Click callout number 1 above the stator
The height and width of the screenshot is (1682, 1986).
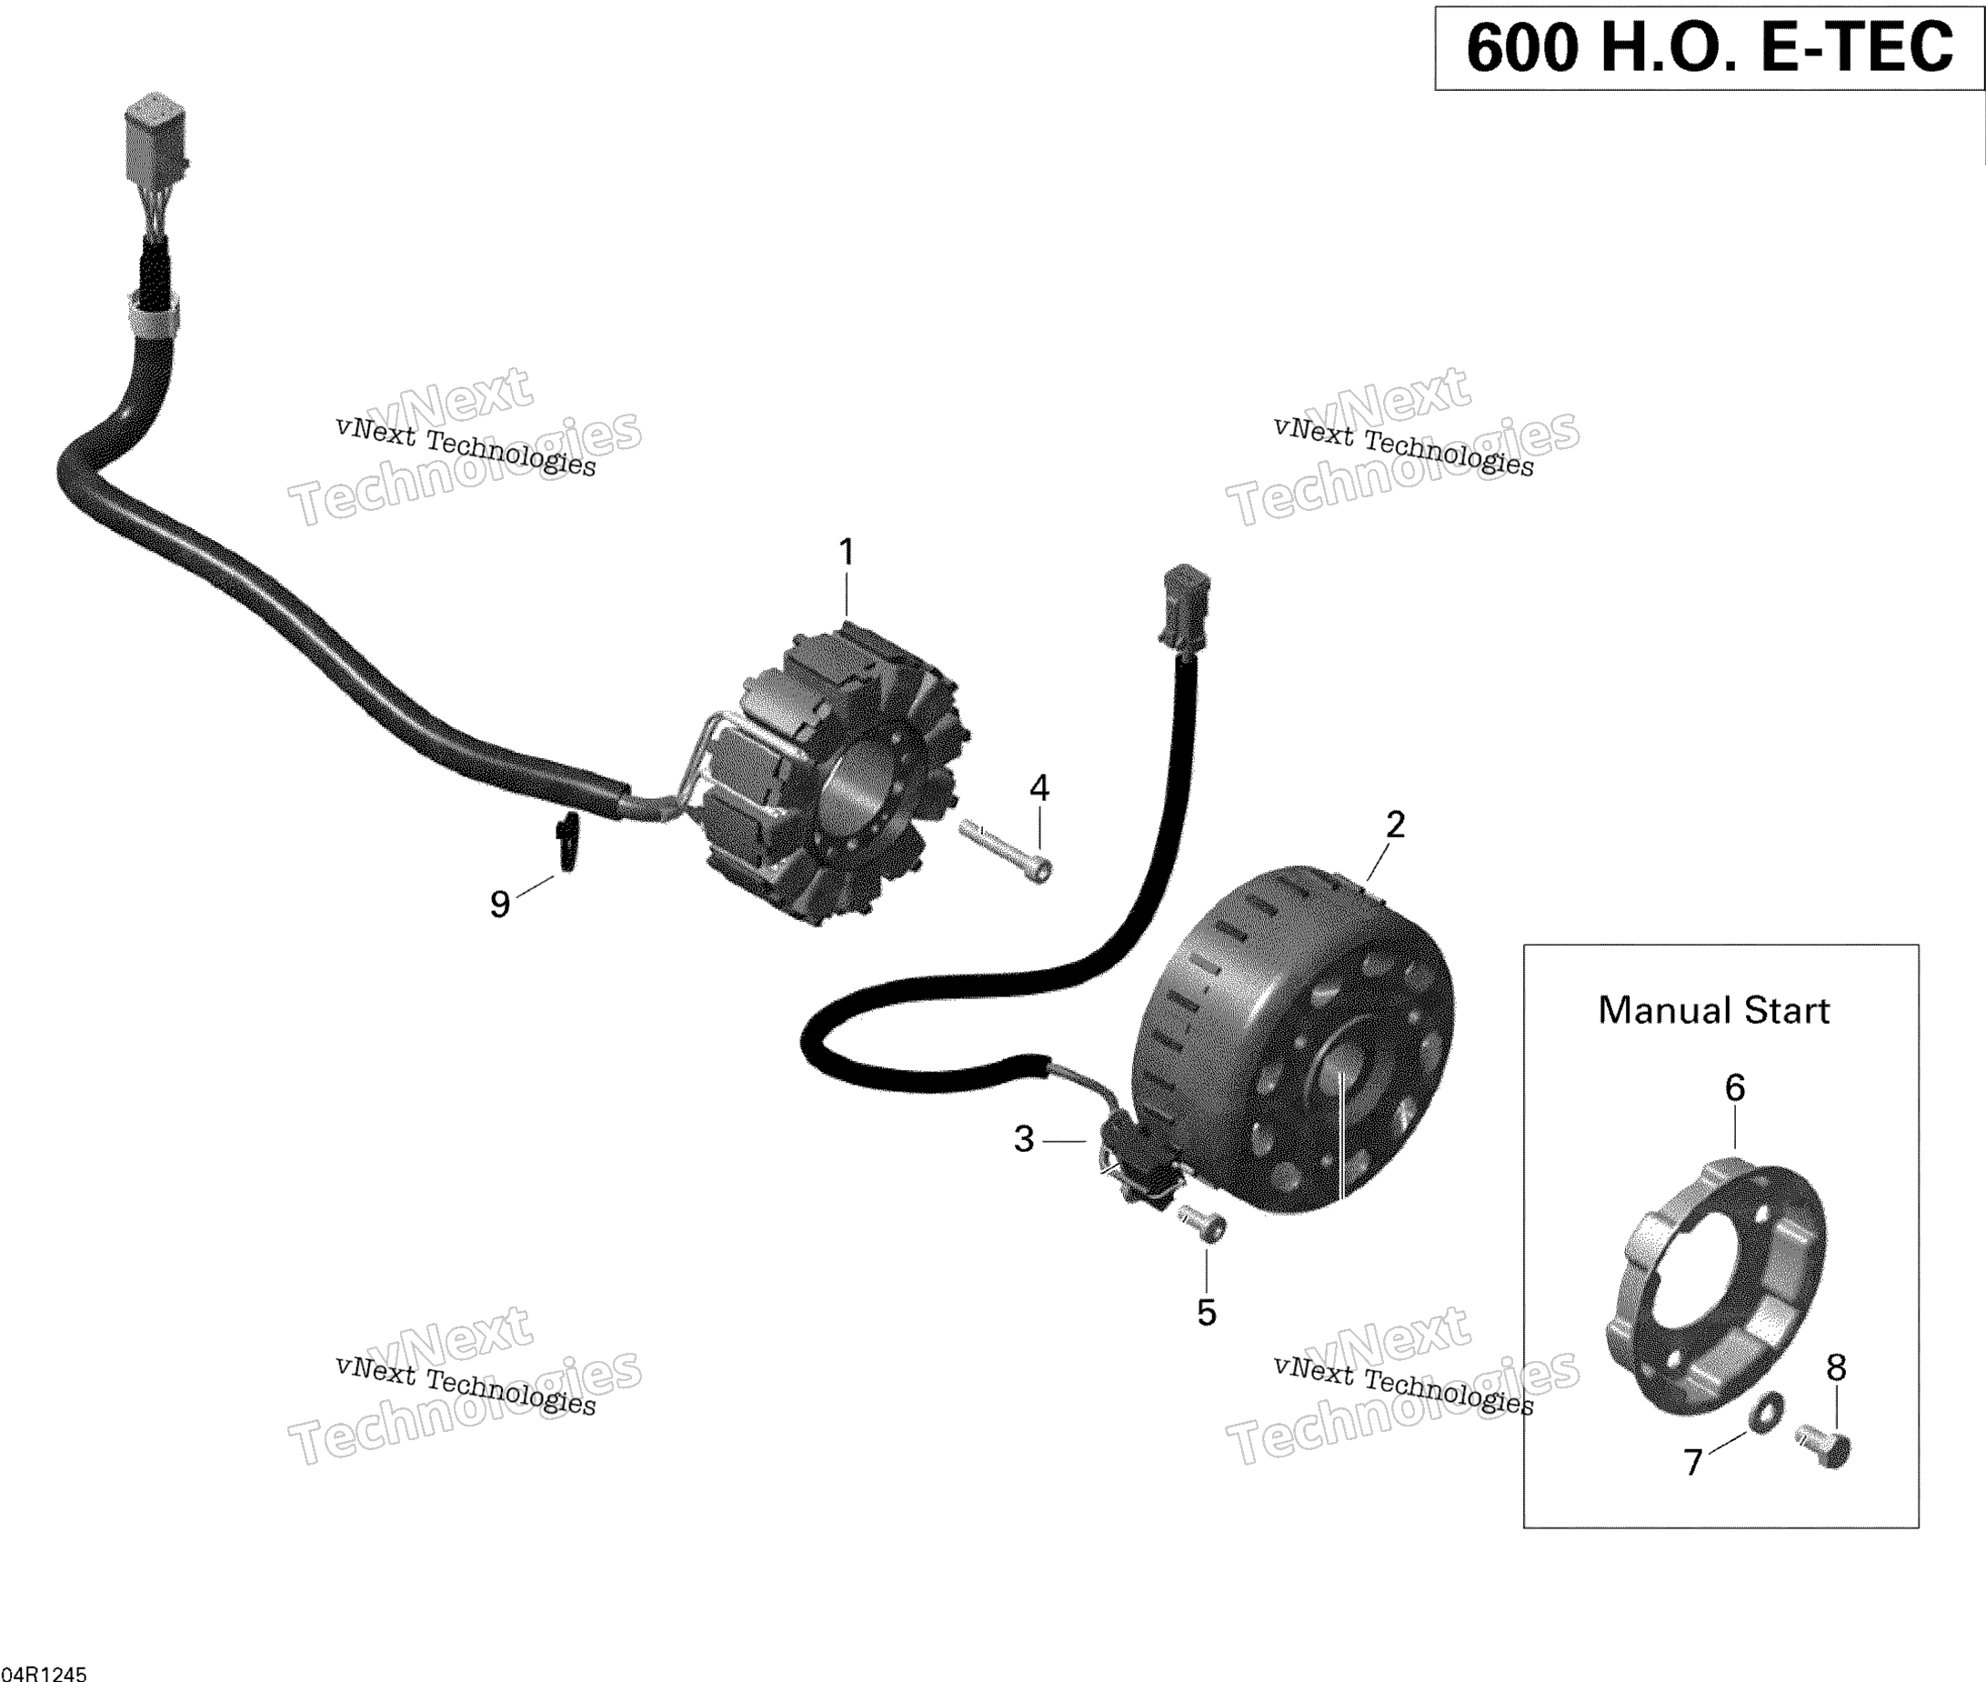coord(846,552)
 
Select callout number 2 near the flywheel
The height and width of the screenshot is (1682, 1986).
coord(1395,825)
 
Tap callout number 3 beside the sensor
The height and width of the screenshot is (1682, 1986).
coord(1024,1139)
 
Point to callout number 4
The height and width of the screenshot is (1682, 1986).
coord(1039,788)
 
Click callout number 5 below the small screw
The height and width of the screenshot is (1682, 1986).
coord(1207,1313)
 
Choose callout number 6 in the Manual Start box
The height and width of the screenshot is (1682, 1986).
coord(1735,1088)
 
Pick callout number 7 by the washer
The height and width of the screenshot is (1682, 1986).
coord(1693,1462)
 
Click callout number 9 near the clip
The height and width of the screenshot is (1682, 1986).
coord(499,904)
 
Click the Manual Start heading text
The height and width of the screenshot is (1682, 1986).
coord(1713,1011)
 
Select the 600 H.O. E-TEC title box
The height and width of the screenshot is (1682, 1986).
coord(1710,47)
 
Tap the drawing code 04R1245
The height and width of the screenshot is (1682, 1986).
coord(44,1674)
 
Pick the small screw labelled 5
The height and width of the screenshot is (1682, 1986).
coord(1203,1223)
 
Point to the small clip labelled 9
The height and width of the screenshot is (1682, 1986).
coord(568,841)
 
